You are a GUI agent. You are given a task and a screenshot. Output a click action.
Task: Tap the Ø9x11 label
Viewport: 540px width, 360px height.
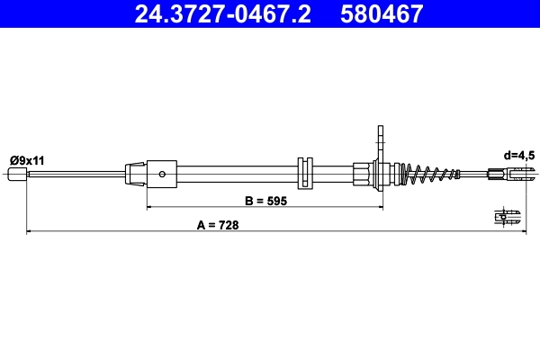point(27,159)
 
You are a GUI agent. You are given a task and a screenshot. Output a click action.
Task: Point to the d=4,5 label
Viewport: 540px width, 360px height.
point(519,155)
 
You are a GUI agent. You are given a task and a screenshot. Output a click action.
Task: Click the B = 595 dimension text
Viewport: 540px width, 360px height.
point(265,202)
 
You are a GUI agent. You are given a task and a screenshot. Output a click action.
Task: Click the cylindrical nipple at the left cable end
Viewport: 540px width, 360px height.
point(18,174)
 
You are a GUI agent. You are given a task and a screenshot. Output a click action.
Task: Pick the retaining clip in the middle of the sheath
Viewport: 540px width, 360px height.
point(303,173)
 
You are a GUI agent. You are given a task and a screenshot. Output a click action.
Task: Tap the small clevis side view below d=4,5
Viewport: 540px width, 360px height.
point(508,215)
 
